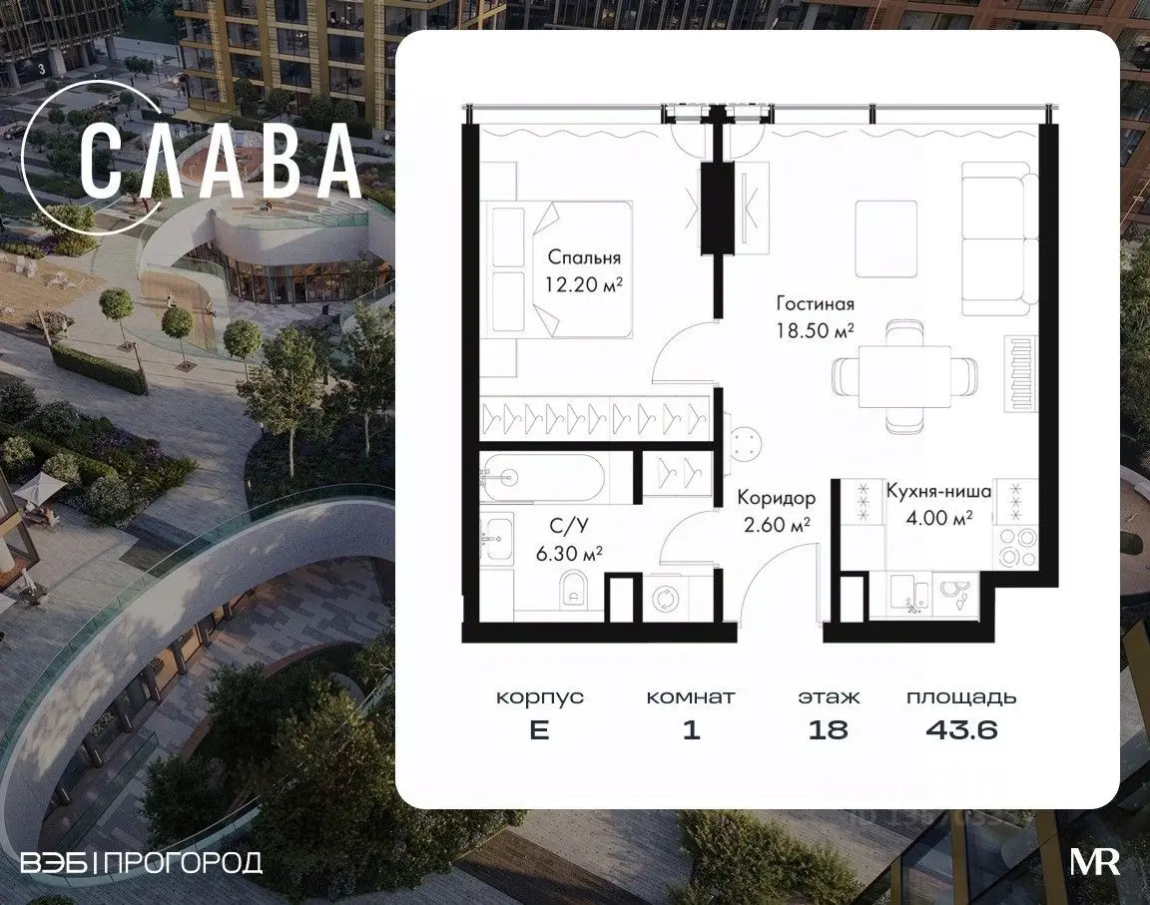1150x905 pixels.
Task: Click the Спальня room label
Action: coord(584,257)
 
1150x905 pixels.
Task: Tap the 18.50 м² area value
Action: coord(815,329)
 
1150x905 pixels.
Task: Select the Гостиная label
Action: coord(816,303)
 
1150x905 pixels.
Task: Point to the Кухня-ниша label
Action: coord(938,491)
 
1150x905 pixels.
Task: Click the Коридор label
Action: coord(776,498)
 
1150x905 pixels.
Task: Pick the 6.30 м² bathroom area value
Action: coord(569,553)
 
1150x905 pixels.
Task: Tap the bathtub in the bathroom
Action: coord(543,478)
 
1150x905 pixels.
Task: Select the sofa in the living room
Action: coord(999,237)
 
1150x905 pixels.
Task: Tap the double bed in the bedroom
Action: coord(560,269)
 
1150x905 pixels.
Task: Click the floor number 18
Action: coord(828,729)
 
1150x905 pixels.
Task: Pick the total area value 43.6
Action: coord(961,729)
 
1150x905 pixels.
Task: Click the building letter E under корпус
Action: coord(540,729)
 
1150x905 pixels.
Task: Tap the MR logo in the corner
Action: coord(1095,862)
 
